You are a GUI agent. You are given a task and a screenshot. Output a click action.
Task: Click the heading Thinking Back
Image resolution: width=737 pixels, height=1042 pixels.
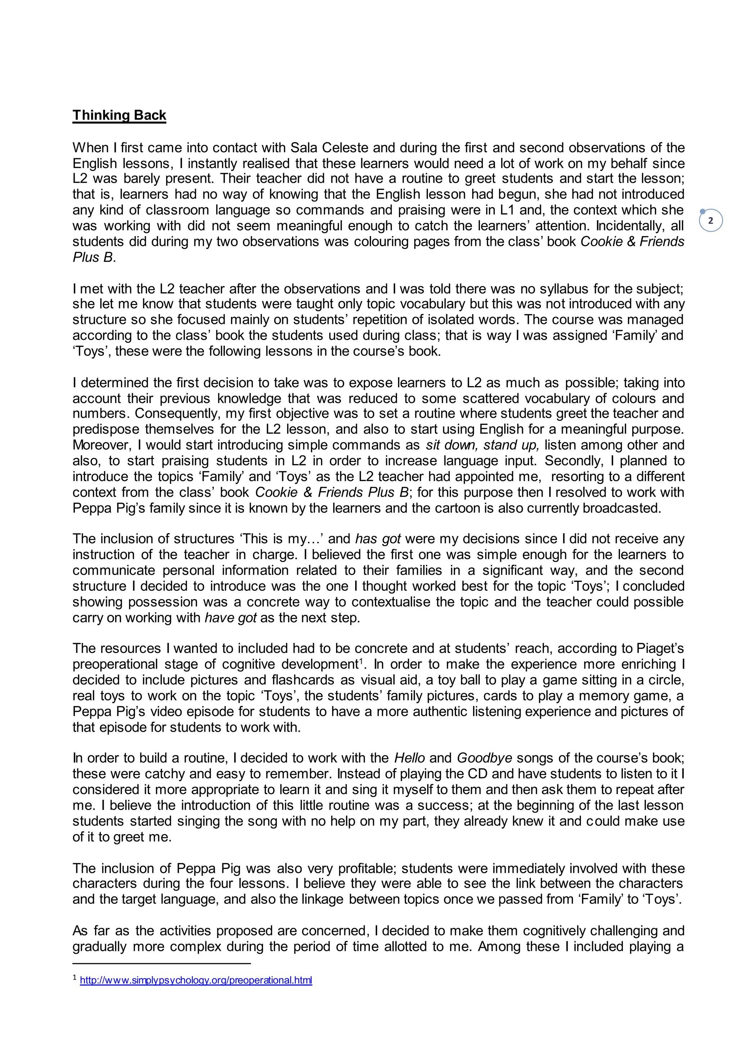119,115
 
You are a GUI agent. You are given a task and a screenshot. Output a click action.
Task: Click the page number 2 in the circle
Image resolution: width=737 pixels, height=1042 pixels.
711,221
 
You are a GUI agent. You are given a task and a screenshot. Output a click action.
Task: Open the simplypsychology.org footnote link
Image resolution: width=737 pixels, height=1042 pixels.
196,980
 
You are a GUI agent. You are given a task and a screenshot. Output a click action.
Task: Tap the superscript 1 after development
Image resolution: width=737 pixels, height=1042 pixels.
361,661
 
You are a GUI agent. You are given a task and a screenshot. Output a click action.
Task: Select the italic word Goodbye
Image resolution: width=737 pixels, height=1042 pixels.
484,758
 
